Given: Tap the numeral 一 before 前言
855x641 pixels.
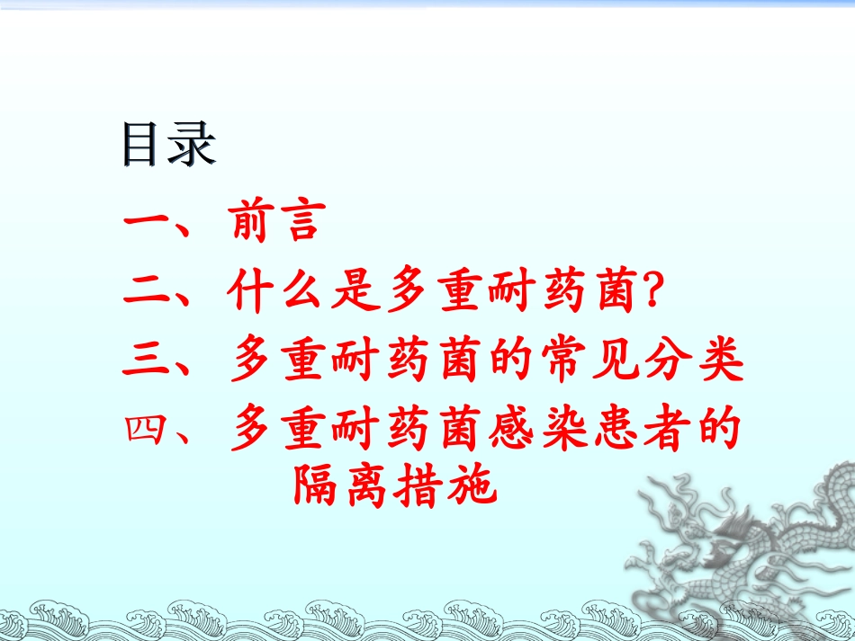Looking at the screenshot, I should (148, 223).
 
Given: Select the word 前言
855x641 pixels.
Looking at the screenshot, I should (275, 223).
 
